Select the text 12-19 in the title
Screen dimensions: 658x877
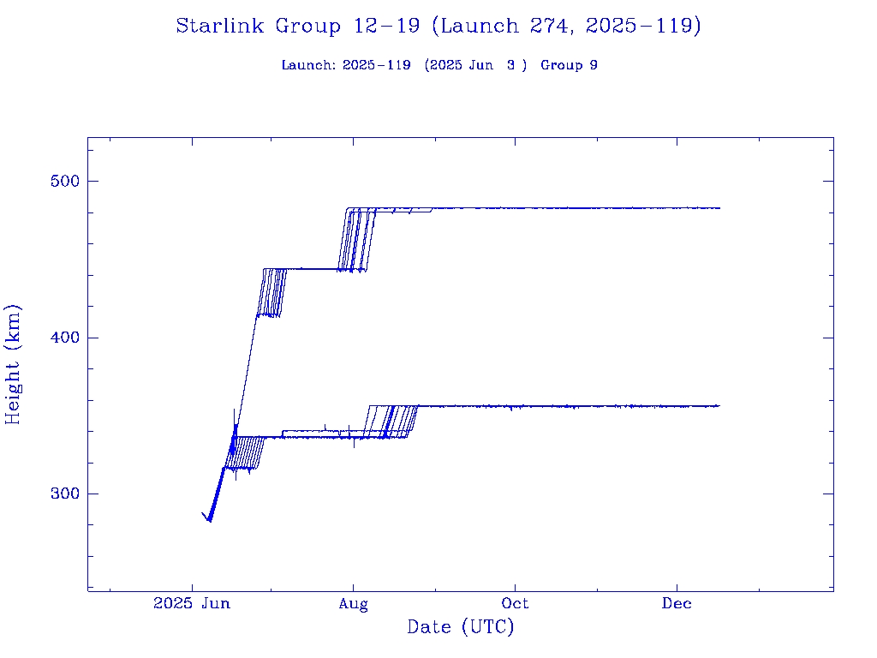pos(385,27)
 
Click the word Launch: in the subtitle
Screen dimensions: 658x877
pos(308,66)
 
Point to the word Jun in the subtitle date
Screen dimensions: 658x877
pos(480,66)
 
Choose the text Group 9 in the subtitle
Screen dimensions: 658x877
pos(569,66)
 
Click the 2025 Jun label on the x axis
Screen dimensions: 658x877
pos(192,604)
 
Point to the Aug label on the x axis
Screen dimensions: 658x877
pos(353,604)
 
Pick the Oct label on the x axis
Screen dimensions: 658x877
pos(515,604)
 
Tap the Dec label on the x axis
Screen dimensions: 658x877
pos(677,604)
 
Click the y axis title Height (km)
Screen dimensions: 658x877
pos(14,363)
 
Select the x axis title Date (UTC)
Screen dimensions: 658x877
pos(460,628)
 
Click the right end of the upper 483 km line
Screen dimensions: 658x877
pos(719,208)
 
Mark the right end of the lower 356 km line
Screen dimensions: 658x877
pos(719,405)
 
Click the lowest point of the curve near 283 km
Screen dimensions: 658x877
pos(210,521)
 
